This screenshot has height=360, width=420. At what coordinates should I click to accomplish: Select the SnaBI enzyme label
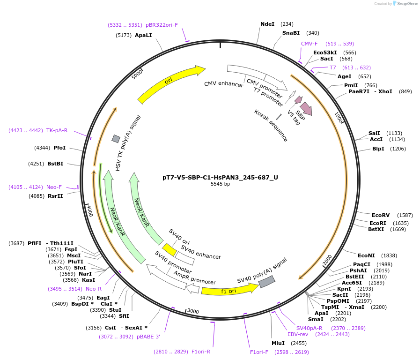coord(291,33)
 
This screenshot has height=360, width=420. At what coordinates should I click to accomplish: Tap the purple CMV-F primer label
coord(309,44)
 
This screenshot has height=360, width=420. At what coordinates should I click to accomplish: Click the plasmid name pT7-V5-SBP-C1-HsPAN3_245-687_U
coord(220,177)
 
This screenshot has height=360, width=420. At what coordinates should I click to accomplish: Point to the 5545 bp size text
coord(220,184)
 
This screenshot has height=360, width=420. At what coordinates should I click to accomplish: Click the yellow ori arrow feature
coord(171,84)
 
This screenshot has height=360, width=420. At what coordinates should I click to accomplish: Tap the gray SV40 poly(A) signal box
coord(267,281)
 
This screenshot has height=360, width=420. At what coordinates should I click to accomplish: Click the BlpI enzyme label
coord(378,149)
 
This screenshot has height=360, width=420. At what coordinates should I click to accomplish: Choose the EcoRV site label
coord(380,215)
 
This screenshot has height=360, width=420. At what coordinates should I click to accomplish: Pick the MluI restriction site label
coord(278,343)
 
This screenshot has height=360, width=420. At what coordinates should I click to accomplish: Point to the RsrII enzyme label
coord(55,196)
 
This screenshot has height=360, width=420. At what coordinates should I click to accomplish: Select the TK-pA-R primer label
coord(57,130)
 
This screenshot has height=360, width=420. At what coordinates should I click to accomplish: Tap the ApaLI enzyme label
coord(143,35)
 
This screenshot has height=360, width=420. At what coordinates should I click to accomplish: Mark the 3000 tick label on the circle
coord(193,312)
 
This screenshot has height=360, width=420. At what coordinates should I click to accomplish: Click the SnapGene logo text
coord(406,4)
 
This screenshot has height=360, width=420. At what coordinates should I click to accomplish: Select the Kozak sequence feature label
coord(271,126)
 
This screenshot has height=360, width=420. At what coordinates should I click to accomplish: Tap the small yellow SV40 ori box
coord(169,249)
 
